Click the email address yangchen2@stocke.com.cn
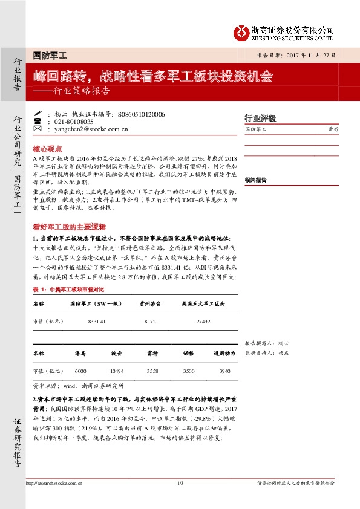click(91, 129)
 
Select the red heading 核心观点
click(47, 148)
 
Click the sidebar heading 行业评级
click(260, 118)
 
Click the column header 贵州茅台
click(150, 304)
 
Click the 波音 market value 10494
click(117, 371)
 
